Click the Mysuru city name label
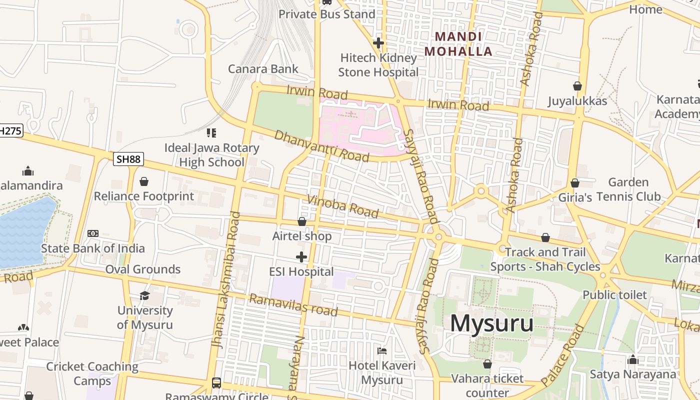click(x=491, y=323)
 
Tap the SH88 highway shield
click(x=128, y=159)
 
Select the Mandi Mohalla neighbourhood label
click(x=458, y=44)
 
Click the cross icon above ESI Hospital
click(x=301, y=257)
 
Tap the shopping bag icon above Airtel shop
click(x=301, y=221)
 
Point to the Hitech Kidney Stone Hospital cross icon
click(x=378, y=43)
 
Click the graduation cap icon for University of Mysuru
click(x=144, y=295)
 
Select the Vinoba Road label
click(x=343, y=206)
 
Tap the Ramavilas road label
click(x=293, y=305)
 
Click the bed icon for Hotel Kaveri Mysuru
click(x=382, y=351)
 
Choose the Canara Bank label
click(x=263, y=69)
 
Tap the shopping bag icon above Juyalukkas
click(x=577, y=86)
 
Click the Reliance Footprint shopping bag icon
click(x=144, y=181)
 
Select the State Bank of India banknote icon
click(x=93, y=233)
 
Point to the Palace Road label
click(x=563, y=354)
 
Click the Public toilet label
click(x=614, y=294)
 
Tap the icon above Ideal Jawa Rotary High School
click(x=211, y=133)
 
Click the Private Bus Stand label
click(x=326, y=14)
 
